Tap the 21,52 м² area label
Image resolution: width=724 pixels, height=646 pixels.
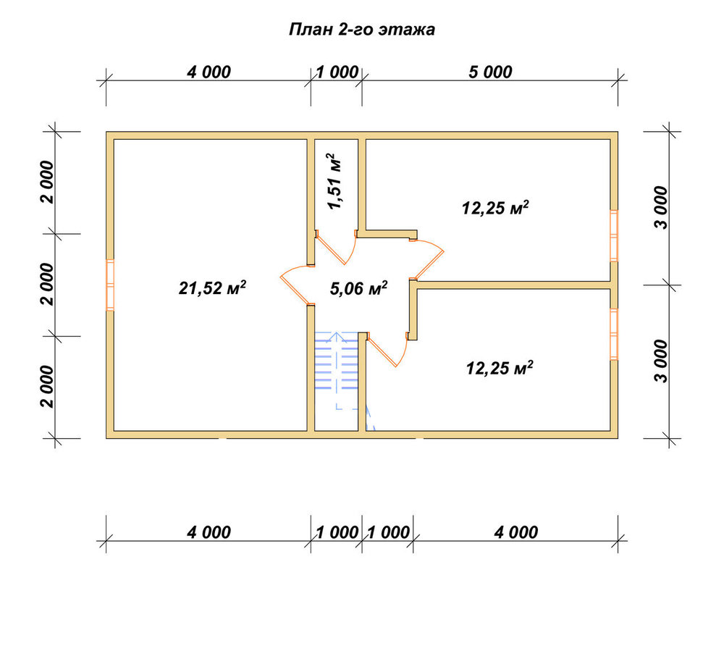pyautogui.click(x=212, y=288)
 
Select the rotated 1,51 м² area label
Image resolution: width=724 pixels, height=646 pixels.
pyautogui.click(x=334, y=182)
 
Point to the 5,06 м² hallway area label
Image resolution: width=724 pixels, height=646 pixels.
pyautogui.click(x=359, y=288)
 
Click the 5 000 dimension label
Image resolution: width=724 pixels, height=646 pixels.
pyautogui.click(x=490, y=72)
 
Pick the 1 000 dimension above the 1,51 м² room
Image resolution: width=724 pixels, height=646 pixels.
pyautogui.click(x=337, y=72)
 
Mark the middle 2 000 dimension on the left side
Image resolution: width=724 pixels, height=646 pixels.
pyautogui.click(x=48, y=285)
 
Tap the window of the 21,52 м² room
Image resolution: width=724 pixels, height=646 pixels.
pyautogui.click(x=110, y=285)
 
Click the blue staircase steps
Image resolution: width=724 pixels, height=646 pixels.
pyautogui.click(x=337, y=363)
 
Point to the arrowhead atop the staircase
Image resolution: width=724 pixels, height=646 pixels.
pyautogui.click(x=337, y=336)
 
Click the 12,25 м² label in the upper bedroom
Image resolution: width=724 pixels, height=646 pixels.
pyautogui.click(x=495, y=209)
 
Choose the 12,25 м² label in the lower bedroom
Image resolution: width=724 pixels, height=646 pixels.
pyautogui.click(x=500, y=368)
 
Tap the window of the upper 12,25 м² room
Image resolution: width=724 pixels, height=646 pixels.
pyautogui.click(x=614, y=236)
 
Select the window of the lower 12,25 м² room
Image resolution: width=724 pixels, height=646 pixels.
pyautogui.click(x=614, y=335)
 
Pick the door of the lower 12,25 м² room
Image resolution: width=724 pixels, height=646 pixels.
pyautogui.click(x=386, y=352)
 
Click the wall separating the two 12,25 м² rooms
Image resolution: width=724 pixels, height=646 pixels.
pyautogui.click(x=513, y=285)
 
